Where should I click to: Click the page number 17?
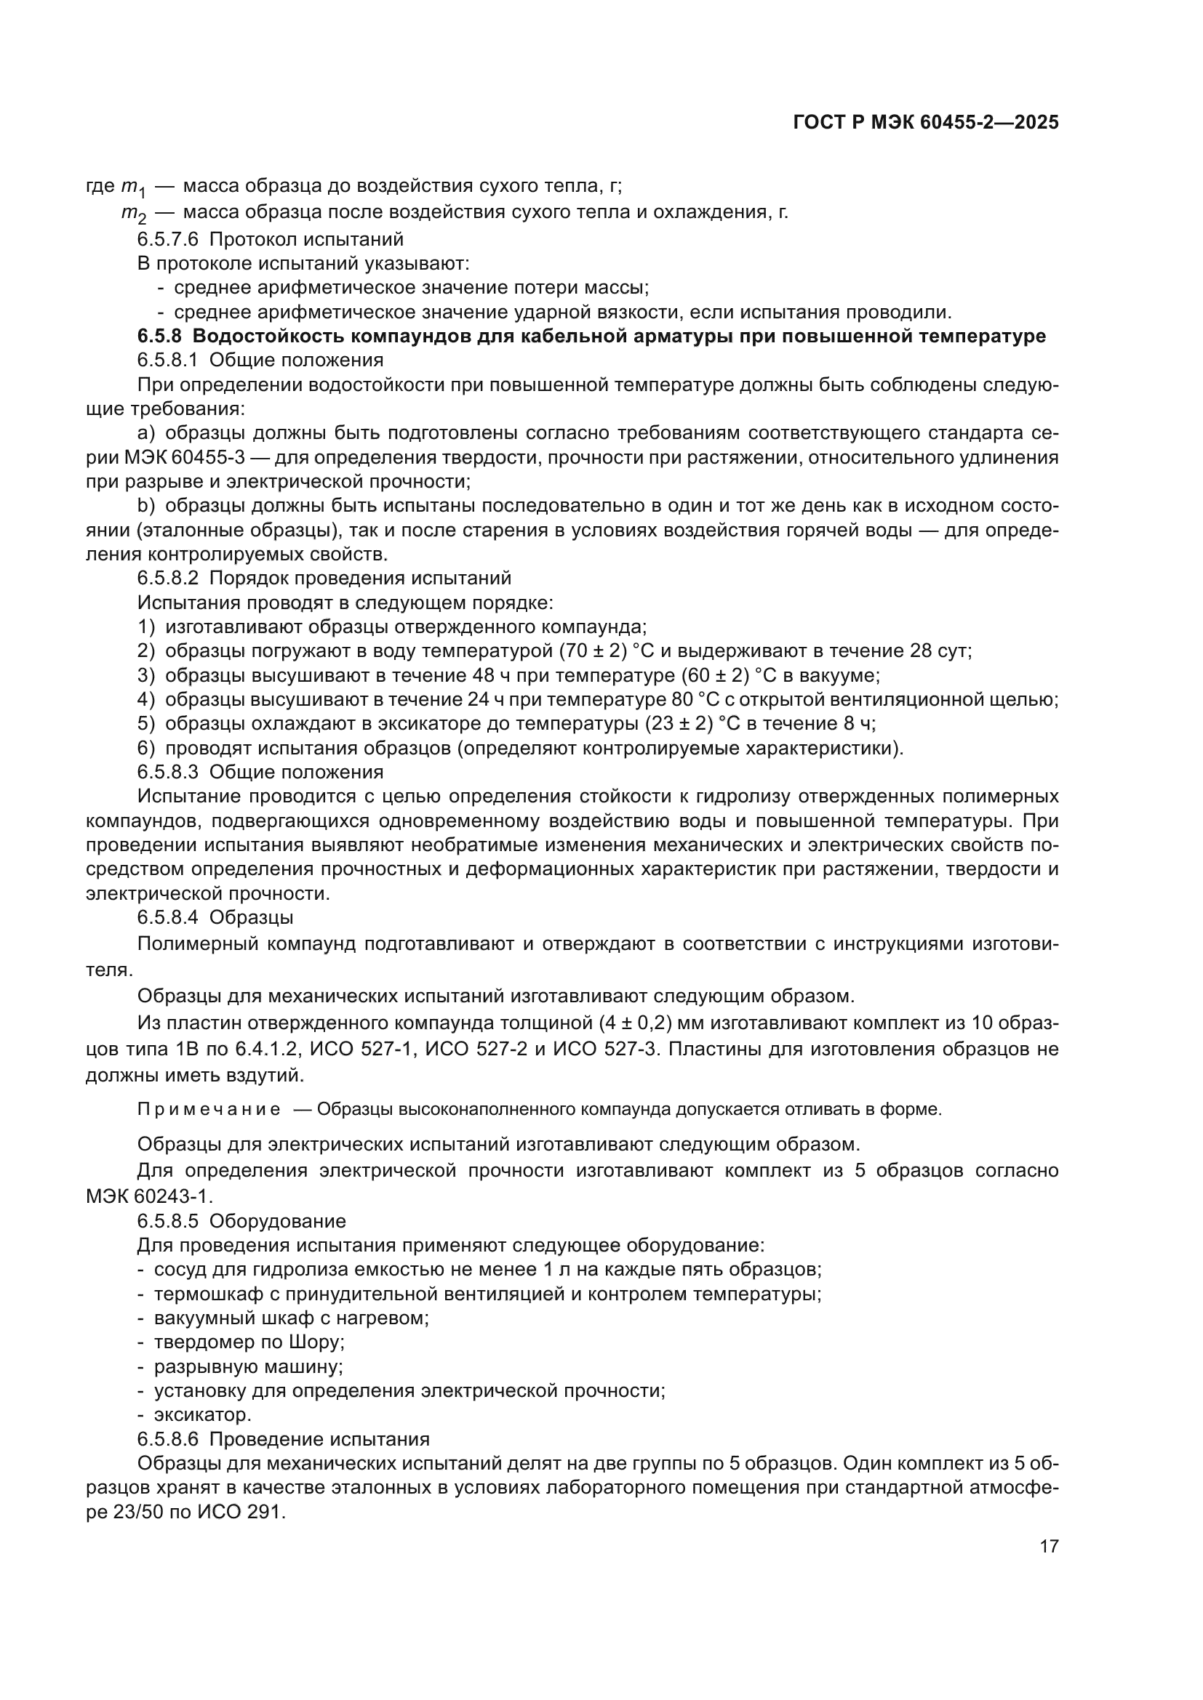click(x=1049, y=1546)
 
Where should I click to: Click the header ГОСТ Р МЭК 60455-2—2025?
click(x=925, y=123)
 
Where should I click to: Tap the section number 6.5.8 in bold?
click(x=159, y=337)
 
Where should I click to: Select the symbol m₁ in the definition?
click(x=133, y=187)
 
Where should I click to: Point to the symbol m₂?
click(x=133, y=214)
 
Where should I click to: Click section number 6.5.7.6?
click(x=167, y=239)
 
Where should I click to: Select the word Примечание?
click(x=209, y=1109)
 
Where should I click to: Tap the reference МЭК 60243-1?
click(x=149, y=1195)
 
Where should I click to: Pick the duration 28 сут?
click(x=940, y=650)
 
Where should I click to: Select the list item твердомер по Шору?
click(x=249, y=1342)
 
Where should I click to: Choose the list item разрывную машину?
click(x=248, y=1366)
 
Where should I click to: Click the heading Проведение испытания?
click(x=319, y=1439)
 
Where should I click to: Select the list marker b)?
click(x=146, y=506)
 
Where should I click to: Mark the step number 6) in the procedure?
click(x=146, y=748)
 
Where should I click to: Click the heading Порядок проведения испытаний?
click(x=360, y=578)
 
